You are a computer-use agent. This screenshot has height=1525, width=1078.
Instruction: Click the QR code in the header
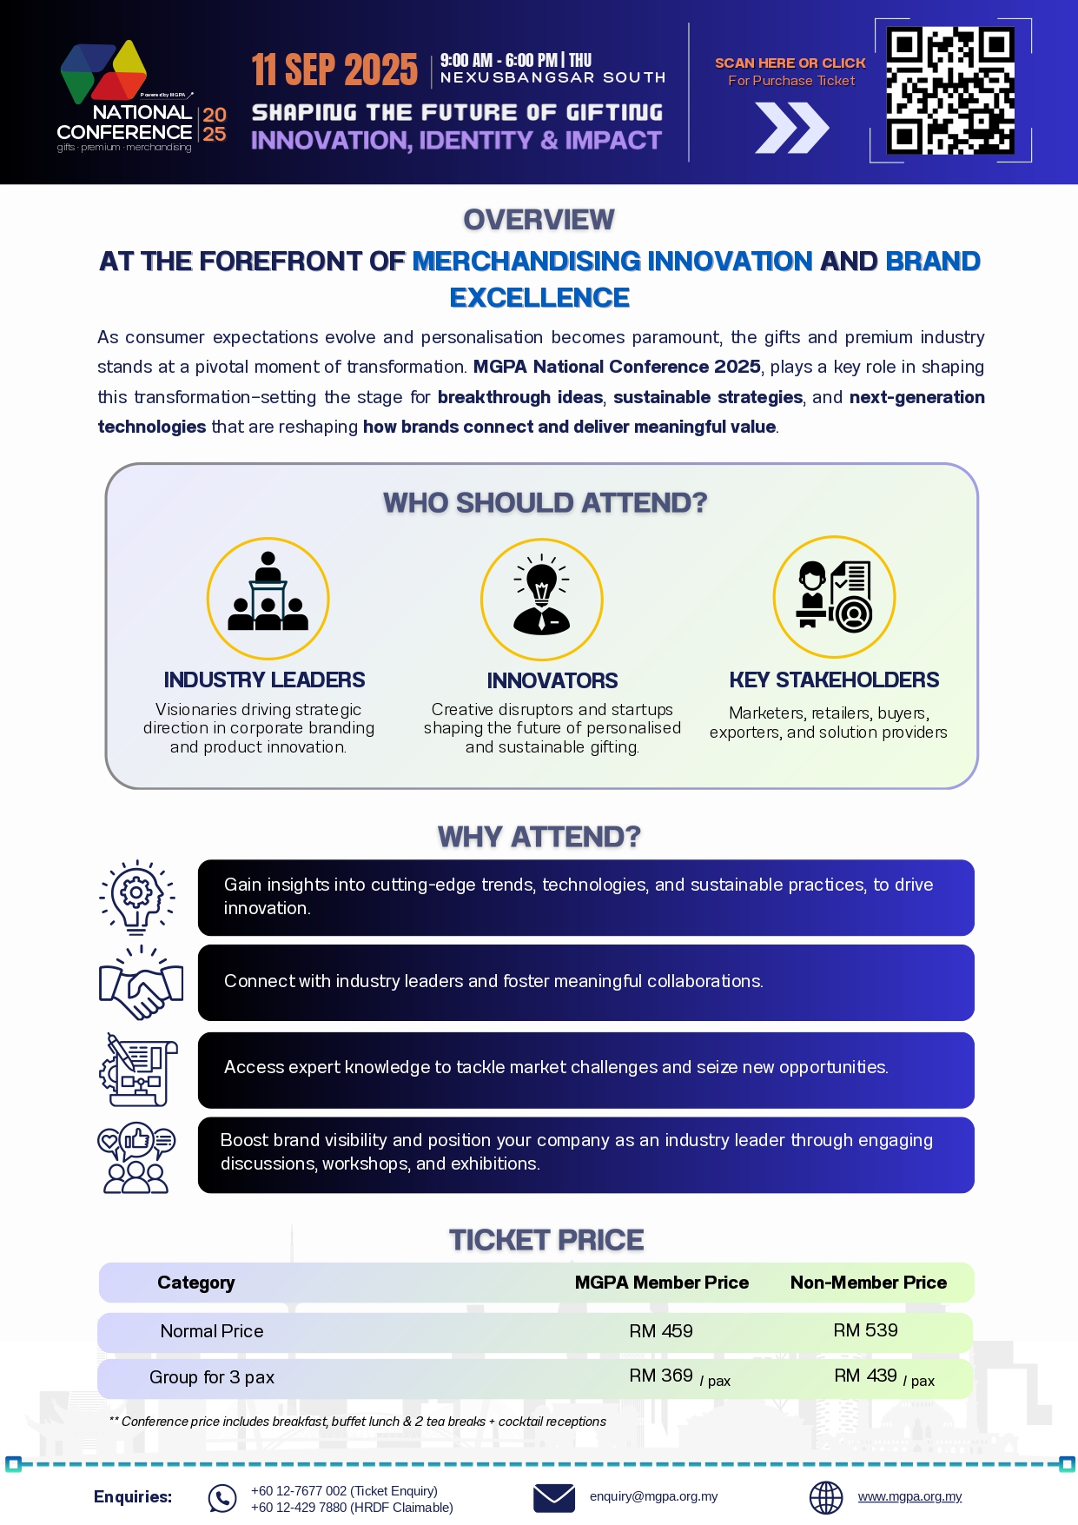click(x=950, y=90)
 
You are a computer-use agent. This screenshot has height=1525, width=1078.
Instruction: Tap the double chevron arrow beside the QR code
click(x=791, y=128)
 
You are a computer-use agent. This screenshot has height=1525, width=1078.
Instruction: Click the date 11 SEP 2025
click(x=334, y=70)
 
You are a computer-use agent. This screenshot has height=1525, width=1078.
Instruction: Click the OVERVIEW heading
click(x=539, y=220)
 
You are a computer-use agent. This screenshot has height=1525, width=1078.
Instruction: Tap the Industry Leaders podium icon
click(x=268, y=599)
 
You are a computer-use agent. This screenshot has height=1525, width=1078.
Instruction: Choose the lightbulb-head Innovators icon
click(x=541, y=599)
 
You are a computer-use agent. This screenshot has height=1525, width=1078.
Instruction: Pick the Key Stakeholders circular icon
click(x=834, y=597)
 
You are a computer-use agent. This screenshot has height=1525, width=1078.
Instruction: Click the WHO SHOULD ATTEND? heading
click(x=545, y=502)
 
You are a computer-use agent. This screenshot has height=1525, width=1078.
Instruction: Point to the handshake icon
click(x=141, y=983)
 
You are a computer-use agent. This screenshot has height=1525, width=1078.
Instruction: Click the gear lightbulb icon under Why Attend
click(x=137, y=897)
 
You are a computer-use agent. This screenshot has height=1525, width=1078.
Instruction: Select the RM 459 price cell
click(x=661, y=1331)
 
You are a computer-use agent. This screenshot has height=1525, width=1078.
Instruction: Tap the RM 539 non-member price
click(x=865, y=1330)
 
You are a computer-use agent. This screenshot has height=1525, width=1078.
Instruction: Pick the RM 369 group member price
click(x=662, y=1376)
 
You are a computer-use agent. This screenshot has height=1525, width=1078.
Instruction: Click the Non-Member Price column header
click(x=868, y=1283)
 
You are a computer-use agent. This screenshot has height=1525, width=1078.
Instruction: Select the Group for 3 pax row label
click(x=212, y=1377)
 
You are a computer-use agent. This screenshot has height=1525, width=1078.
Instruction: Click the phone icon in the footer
click(x=222, y=1498)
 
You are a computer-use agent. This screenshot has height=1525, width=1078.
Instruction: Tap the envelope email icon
click(x=554, y=1498)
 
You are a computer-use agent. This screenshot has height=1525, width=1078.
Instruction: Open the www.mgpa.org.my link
click(x=909, y=1496)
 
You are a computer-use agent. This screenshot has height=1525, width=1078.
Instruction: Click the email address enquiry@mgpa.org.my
click(x=653, y=1496)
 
